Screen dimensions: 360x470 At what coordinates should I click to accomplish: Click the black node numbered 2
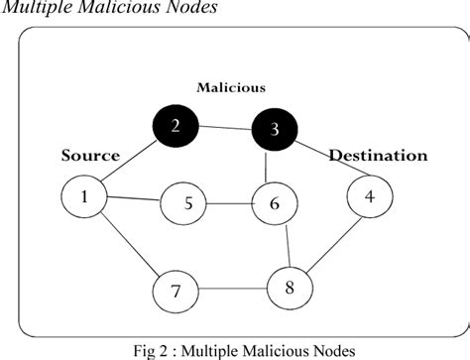pos(175,125)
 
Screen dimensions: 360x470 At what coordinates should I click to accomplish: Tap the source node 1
pos(85,195)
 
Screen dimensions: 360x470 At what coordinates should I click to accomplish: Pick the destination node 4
pos(369,196)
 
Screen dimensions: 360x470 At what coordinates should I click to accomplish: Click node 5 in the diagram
pos(188,204)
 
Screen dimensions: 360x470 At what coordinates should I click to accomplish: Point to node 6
pos(276,205)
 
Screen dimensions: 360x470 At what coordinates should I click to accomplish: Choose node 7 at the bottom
pos(176,291)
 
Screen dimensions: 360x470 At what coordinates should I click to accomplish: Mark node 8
pos(290,289)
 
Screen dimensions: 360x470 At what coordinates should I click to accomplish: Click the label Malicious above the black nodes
pos(231,87)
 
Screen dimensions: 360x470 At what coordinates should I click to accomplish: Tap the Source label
pos(90,156)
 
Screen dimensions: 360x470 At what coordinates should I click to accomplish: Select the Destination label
pos(378,156)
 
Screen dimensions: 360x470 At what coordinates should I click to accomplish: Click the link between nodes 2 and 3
pos(225,127)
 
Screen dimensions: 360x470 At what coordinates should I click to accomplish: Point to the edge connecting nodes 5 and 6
pos(232,205)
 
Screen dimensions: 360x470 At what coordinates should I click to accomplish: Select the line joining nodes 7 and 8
pos(233,290)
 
